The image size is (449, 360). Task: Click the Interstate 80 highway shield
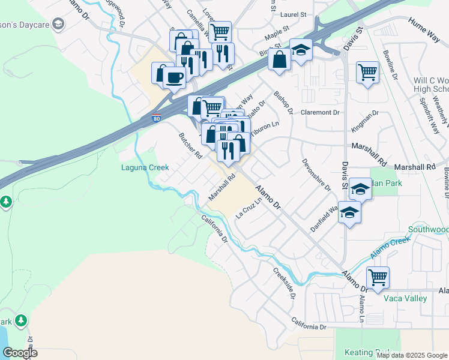coord(156,119)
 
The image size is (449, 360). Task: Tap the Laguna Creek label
coord(145,168)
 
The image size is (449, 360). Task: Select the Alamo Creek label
coord(390,247)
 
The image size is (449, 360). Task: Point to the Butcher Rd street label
coord(190,146)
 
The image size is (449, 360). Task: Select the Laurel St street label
coord(294,14)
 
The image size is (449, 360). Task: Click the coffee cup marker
coord(174,77)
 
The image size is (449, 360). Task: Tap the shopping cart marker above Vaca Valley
coord(378,277)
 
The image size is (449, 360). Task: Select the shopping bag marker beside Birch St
coord(279,59)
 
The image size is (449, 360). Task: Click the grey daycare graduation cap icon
coord(58,24)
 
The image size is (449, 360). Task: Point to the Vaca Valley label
coord(405,298)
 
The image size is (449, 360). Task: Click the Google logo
coord(19,353)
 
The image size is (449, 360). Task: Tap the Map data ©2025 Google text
coord(411,355)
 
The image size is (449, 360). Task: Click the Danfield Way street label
coord(325,220)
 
